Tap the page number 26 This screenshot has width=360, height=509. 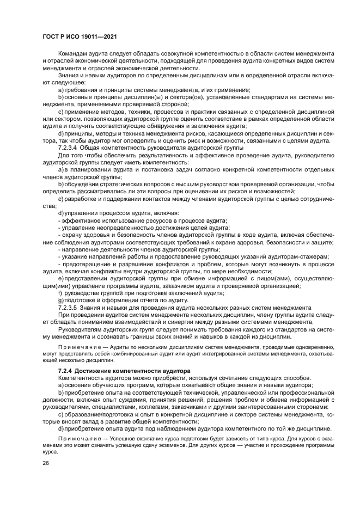click(46, 462)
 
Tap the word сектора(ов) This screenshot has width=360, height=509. click(175, 96)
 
